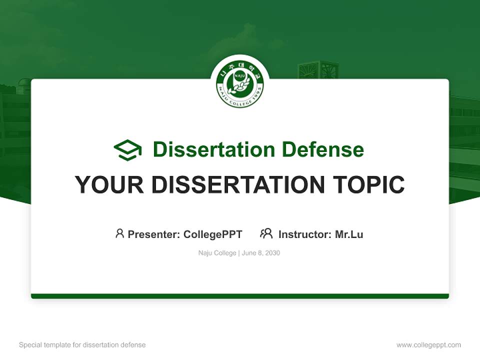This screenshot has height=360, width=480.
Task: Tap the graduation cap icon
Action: click(x=127, y=150)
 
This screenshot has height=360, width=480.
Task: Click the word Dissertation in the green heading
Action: click(x=213, y=149)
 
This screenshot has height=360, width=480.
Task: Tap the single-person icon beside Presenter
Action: click(x=119, y=233)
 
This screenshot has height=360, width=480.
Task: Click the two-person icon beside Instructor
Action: click(x=266, y=233)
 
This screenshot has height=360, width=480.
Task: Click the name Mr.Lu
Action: click(x=349, y=234)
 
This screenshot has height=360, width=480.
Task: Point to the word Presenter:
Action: click(x=154, y=234)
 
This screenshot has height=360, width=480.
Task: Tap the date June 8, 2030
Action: click(x=261, y=253)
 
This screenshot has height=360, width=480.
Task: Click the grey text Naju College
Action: click(x=217, y=253)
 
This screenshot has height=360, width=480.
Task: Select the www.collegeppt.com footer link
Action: click(x=428, y=345)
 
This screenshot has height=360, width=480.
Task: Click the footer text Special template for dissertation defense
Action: click(x=82, y=345)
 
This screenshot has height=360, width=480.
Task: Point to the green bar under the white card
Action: click(x=240, y=296)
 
